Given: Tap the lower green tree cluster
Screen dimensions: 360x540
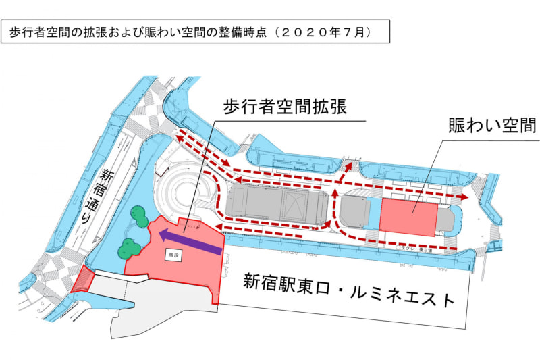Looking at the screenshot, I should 127,248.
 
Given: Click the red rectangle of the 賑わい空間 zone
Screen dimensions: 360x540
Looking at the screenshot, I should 409,216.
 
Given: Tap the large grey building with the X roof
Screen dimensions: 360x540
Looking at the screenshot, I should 277,205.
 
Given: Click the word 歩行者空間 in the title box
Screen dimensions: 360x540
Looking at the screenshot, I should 40,32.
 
